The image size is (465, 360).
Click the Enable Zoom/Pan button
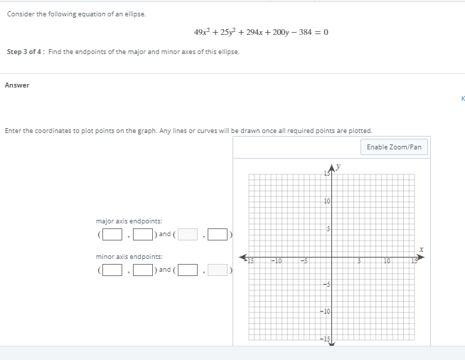coord(395,147)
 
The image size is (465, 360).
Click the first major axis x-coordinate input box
coord(110,233)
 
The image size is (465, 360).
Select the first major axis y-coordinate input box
coord(142,233)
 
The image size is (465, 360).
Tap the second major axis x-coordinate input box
coord(188,233)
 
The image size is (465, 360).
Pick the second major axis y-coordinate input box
coord(218,233)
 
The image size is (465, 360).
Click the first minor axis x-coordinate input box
coord(110,270)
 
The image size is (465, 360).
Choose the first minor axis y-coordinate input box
coord(142,270)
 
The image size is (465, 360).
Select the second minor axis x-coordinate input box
coord(188,270)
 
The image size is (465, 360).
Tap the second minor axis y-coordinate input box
coord(218,270)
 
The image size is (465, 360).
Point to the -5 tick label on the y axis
coord(326,285)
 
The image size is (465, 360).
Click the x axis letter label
coord(422,249)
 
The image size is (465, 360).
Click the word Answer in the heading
coord(17,85)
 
